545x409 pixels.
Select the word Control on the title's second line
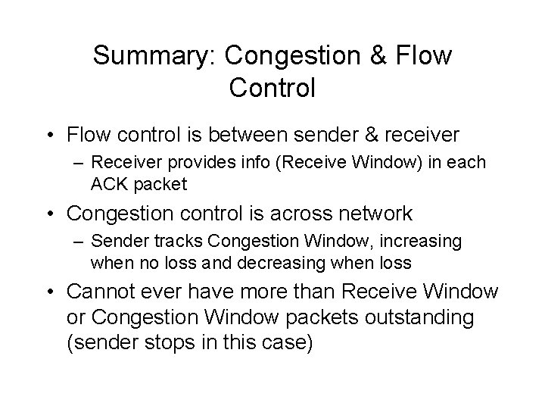click(x=271, y=88)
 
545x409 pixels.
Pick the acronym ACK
click(x=109, y=184)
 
